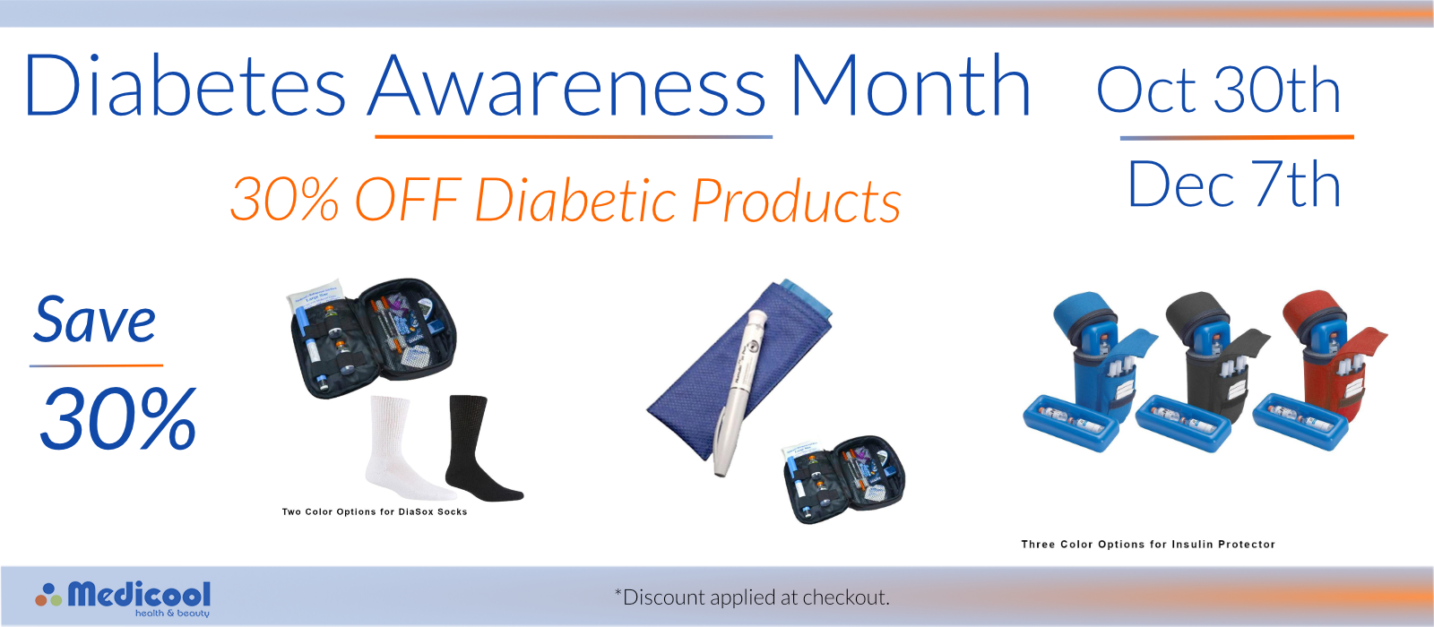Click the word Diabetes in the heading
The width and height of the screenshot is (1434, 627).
tap(185, 85)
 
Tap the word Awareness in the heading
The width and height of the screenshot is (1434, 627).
tap(567, 85)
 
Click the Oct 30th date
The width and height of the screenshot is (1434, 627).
tap(1218, 90)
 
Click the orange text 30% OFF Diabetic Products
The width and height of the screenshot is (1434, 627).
tap(566, 200)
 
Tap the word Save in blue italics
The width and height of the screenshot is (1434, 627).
tap(95, 319)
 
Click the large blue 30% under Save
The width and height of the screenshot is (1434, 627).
tap(117, 418)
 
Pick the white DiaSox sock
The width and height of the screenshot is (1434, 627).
tap(407, 448)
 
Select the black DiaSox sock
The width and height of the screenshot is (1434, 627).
tap(480, 448)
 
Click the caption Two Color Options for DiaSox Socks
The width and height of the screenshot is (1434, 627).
tap(375, 511)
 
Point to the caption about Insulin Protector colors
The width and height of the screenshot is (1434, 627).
tap(1148, 545)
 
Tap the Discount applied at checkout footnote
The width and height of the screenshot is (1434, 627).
tap(752, 597)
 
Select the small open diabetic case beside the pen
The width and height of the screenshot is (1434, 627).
tap(843, 478)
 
